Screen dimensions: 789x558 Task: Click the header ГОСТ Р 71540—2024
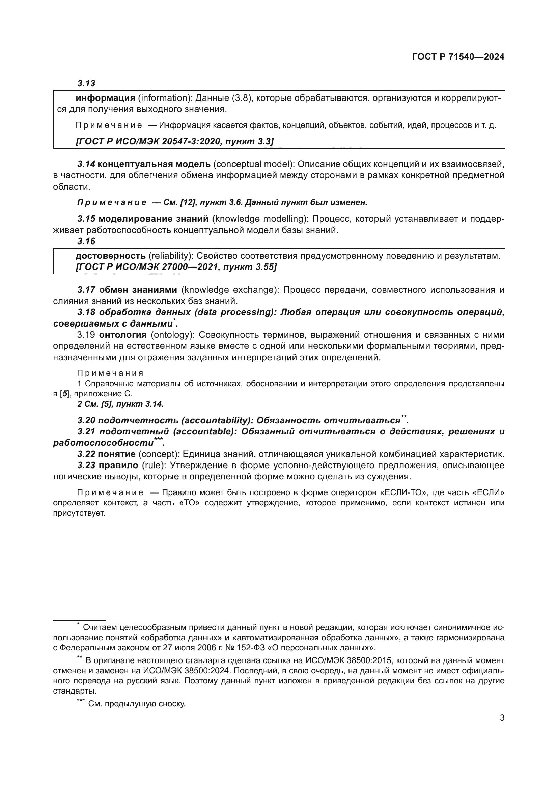point(458,57)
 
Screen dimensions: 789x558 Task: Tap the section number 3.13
point(86,83)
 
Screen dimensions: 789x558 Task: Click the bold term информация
point(105,98)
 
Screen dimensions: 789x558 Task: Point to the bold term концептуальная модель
point(154,164)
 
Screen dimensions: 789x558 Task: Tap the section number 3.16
point(86,241)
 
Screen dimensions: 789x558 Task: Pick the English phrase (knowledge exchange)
point(230,290)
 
